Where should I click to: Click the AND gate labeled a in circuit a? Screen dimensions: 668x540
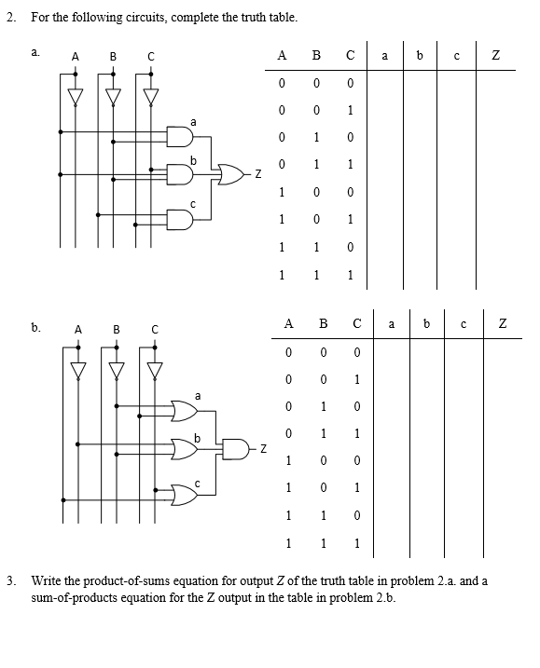[181, 137]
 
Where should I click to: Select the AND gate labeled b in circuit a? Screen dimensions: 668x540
[181, 174]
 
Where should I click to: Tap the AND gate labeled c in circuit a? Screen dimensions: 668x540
[181, 219]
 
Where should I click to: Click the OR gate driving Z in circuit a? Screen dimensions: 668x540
[229, 174]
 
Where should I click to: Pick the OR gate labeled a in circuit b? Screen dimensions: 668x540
[184, 410]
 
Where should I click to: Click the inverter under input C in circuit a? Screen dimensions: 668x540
[148, 94]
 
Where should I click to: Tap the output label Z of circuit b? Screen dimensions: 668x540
[264, 451]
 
